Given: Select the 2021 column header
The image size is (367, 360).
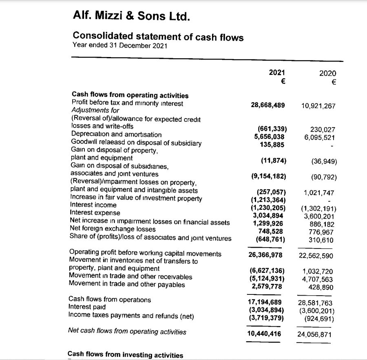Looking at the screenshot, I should [277, 72].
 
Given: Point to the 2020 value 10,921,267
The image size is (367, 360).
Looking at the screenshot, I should [318, 106].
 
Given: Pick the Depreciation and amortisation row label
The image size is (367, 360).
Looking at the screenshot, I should [116, 134].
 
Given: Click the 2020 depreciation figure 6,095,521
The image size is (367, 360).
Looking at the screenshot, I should [320, 138].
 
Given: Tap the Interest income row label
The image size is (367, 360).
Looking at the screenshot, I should [93, 205].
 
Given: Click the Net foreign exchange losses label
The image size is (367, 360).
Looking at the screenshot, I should [113, 230].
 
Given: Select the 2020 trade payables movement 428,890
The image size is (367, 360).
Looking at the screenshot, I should [321, 287].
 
